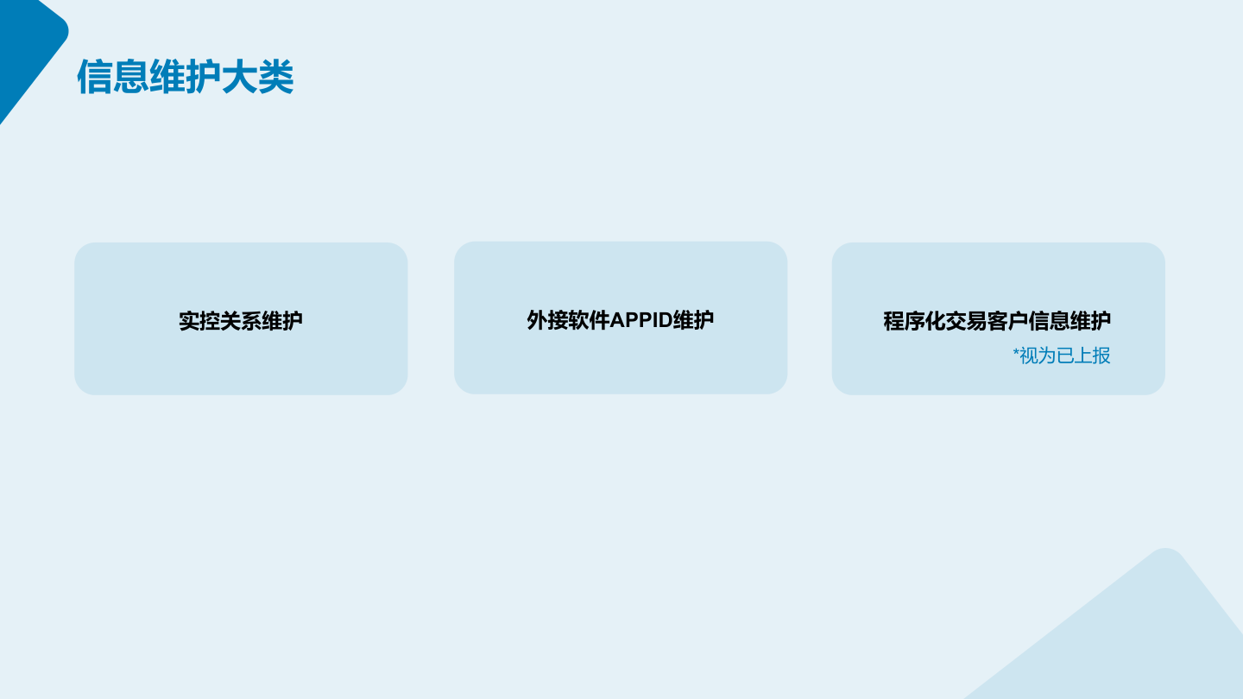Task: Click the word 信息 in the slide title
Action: point(113,77)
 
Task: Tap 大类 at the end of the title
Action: point(257,77)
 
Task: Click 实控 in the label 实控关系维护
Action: point(199,321)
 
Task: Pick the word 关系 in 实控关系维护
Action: point(240,321)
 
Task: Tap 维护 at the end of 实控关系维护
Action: point(282,321)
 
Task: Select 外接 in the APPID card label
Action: point(547,320)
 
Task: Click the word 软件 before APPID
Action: point(589,320)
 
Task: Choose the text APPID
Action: point(640,320)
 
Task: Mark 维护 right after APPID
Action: point(693,320)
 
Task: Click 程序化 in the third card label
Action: point(914,321)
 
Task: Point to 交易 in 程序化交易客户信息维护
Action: point(966,321)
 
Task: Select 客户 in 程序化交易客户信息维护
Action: point(1007,321)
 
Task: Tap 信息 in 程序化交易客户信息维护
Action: point(1049,321)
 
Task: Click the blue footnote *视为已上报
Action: point(1062,356)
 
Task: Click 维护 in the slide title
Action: point(186,77)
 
